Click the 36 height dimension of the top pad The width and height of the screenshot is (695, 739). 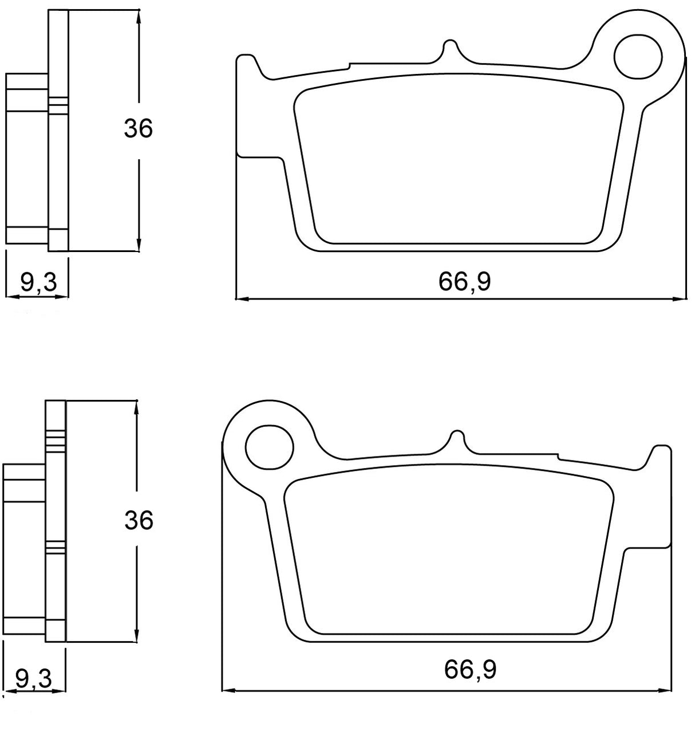click(138, 129)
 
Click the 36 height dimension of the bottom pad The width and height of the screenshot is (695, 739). click(138, 520)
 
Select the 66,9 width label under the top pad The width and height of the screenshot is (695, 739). click(464, 281)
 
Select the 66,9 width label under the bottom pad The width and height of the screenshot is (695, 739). click(469, 670)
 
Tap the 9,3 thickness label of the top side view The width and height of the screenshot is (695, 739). click(38, 281)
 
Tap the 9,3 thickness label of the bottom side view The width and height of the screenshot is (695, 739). click(33, 679)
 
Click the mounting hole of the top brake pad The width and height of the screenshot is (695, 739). click(638, 57)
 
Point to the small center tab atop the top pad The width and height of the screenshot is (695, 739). click(451, 48)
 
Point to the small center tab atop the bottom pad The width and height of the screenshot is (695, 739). click(456, 438)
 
